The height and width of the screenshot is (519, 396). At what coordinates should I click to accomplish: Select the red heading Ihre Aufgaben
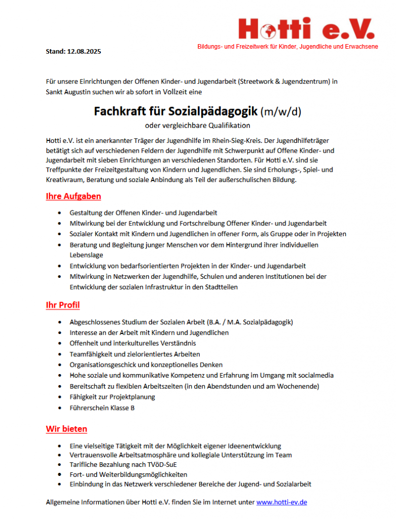tap(73, 196)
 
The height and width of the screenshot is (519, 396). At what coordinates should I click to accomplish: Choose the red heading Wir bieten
tap(66, 429)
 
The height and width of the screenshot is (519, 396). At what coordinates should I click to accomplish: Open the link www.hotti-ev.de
tap(281, 502)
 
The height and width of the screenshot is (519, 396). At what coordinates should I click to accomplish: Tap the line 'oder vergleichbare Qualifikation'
tap(198, 125)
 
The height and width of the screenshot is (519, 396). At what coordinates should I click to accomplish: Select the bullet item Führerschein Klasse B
tap(102, 407)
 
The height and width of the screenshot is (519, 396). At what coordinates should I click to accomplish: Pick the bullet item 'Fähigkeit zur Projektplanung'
tap(113, 397)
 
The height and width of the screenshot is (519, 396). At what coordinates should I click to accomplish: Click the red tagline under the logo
tap(287, 47)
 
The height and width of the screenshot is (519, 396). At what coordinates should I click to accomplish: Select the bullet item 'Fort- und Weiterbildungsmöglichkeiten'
tap(128, 474)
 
